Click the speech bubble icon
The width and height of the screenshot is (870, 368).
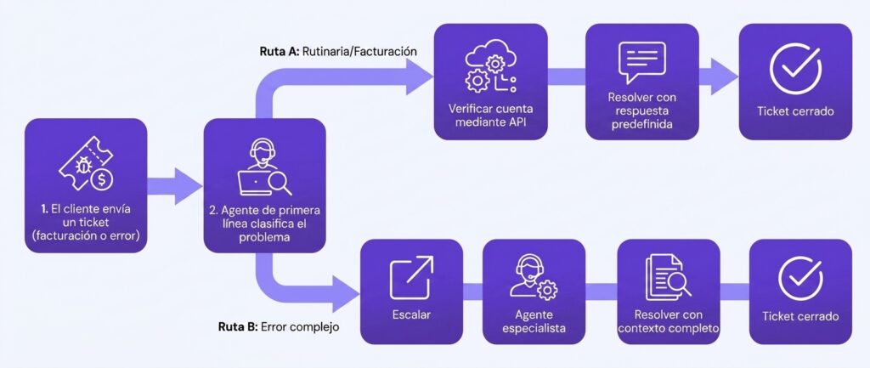(x=642, y=62)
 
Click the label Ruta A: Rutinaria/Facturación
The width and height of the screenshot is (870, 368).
(x=338, y=51)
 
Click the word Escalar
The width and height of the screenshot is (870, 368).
(x=412, y=315)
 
